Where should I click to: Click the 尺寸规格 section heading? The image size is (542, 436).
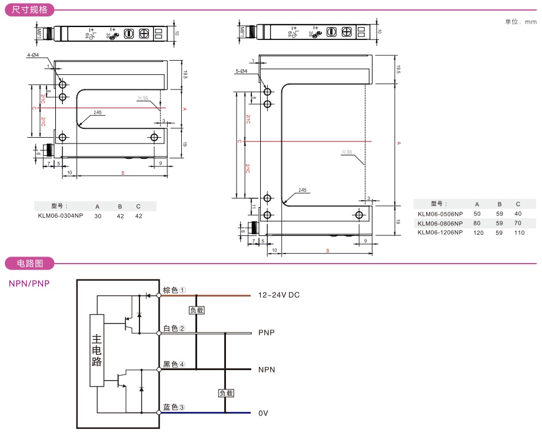30,9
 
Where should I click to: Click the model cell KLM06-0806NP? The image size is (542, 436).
440,223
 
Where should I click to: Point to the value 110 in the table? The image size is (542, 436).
518,232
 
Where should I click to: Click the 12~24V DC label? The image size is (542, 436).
279,295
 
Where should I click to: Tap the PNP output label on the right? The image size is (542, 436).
267,332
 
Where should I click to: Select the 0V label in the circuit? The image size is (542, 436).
263,413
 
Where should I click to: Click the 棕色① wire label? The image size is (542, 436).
174,290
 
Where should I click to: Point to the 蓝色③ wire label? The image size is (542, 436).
174,407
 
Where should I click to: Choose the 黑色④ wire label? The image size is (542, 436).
174,364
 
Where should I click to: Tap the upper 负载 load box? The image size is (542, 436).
197,310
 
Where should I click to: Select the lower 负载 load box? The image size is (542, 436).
226,392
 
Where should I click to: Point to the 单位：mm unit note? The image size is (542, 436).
521,22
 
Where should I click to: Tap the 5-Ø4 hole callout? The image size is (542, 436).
241,71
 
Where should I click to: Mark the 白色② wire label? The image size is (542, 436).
174,328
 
